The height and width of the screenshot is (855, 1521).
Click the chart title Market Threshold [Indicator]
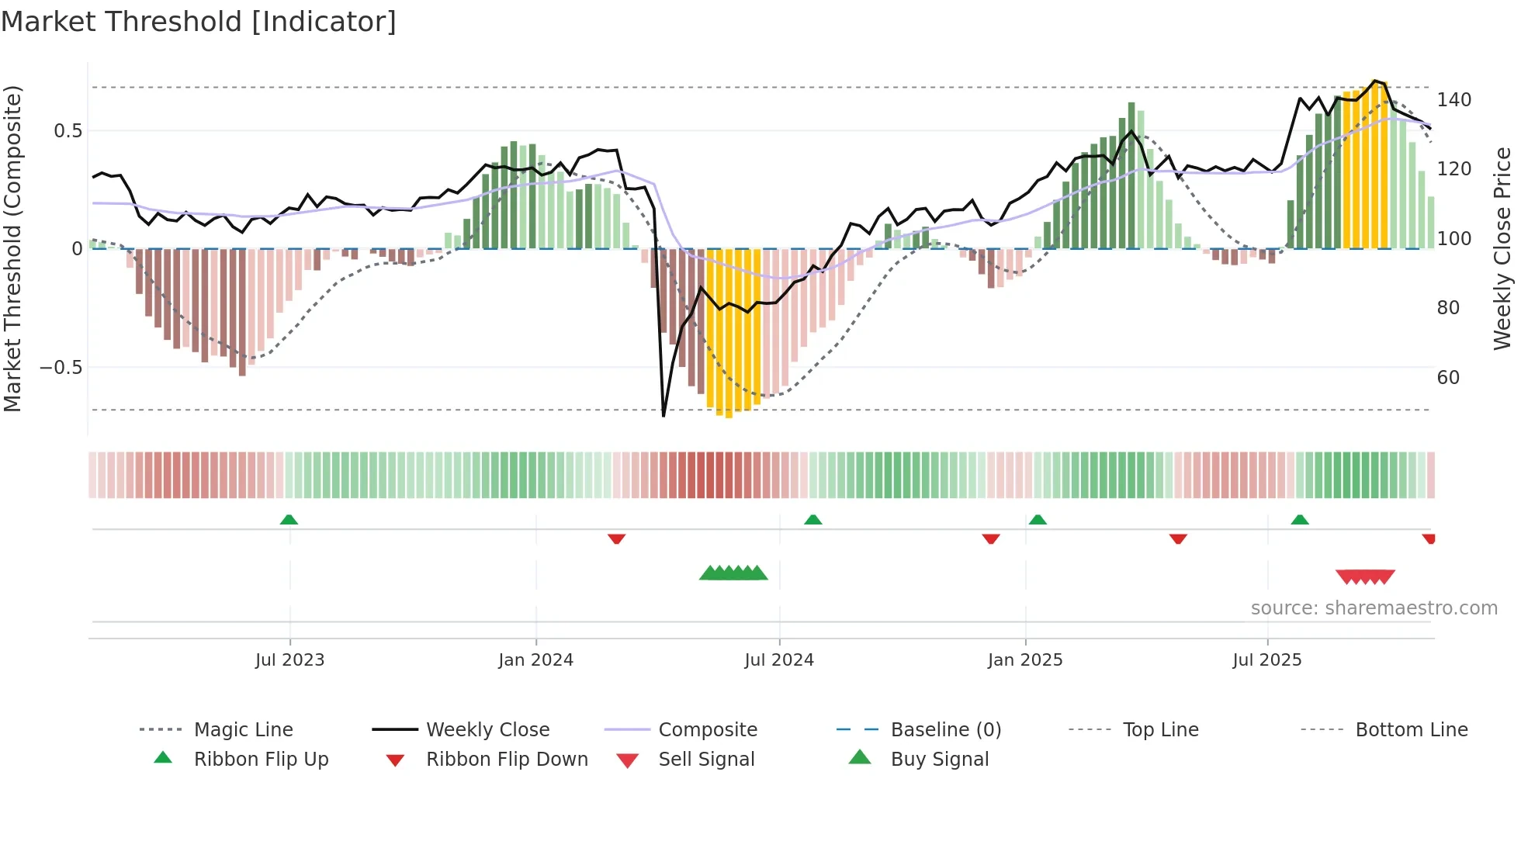(x=199, y=22)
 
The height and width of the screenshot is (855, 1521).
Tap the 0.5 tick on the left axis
(x=68, y=130)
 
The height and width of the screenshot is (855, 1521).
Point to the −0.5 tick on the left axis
(x=61, y=367)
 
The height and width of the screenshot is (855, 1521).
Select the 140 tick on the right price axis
(x=1453, y=100)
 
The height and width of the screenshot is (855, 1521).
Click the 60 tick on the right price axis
(x=1448, y=378)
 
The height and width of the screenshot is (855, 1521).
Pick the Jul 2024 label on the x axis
(x=778, y=660)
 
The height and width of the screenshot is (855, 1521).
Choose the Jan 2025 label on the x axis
(x=1024, y=660)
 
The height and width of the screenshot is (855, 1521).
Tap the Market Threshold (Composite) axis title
(x=12, y=248)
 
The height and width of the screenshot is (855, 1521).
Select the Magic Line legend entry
(x=243, y=730)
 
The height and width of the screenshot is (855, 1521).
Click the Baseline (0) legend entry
(x=945, y=730)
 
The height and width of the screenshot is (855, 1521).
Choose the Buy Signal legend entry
(x=939, y=760)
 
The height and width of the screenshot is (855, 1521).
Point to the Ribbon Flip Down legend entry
(x=506, y=760)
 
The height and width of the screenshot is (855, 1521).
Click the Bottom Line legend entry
(x=1411, y=730)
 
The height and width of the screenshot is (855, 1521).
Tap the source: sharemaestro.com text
(x=1374, y=608)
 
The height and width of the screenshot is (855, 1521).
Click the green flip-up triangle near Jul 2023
(x=289, y=520)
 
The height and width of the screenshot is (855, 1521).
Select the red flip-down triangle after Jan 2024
(x=617, y=538)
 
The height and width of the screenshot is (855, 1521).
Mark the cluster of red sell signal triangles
(x=1365, y=577)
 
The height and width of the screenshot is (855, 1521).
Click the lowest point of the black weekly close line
(x=663, y=416)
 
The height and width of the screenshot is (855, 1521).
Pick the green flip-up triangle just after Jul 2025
(x=1300, y=520)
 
